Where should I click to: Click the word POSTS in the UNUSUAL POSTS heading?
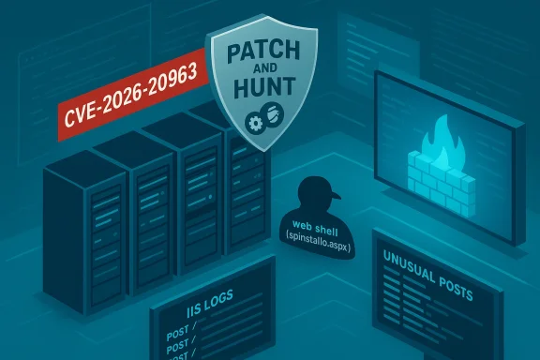click(451, 278)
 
